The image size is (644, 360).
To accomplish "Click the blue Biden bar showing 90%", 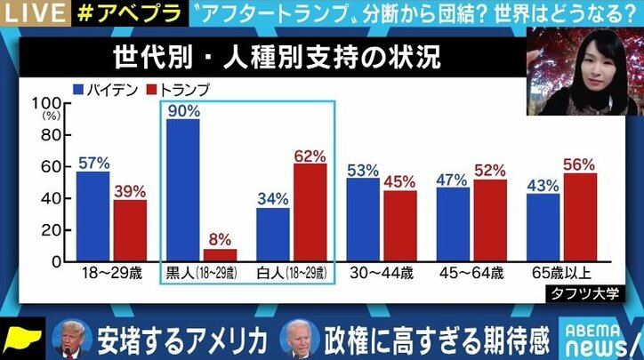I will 182,191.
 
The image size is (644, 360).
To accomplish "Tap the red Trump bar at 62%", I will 310,212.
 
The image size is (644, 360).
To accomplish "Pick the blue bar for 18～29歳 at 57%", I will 93,217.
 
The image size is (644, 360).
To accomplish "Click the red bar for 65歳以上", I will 579,218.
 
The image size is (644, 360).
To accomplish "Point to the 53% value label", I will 362,170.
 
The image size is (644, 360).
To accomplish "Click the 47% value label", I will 452,180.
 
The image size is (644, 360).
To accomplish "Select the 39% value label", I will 131,192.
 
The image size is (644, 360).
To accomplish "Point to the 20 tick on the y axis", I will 51,230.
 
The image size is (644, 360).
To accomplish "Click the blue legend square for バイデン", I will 78,88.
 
